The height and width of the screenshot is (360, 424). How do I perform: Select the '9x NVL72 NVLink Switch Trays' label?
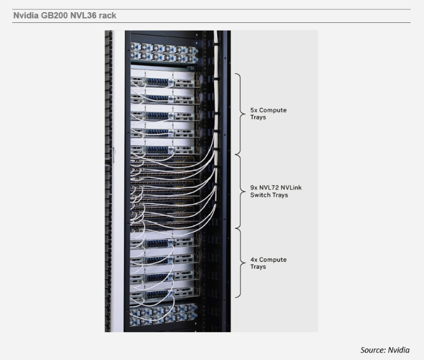point(278,191)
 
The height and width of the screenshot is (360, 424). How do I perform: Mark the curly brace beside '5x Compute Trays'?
point(239,113)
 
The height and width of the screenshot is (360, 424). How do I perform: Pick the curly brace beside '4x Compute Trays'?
point(239,263)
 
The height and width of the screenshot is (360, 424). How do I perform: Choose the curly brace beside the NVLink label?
point(239,191)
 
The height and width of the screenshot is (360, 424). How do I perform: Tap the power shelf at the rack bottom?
point(164,315)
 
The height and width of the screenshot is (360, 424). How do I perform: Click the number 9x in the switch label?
point(255,188)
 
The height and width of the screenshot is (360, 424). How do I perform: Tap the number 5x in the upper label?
point(255,110)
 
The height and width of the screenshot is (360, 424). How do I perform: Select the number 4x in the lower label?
point(255,260)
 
